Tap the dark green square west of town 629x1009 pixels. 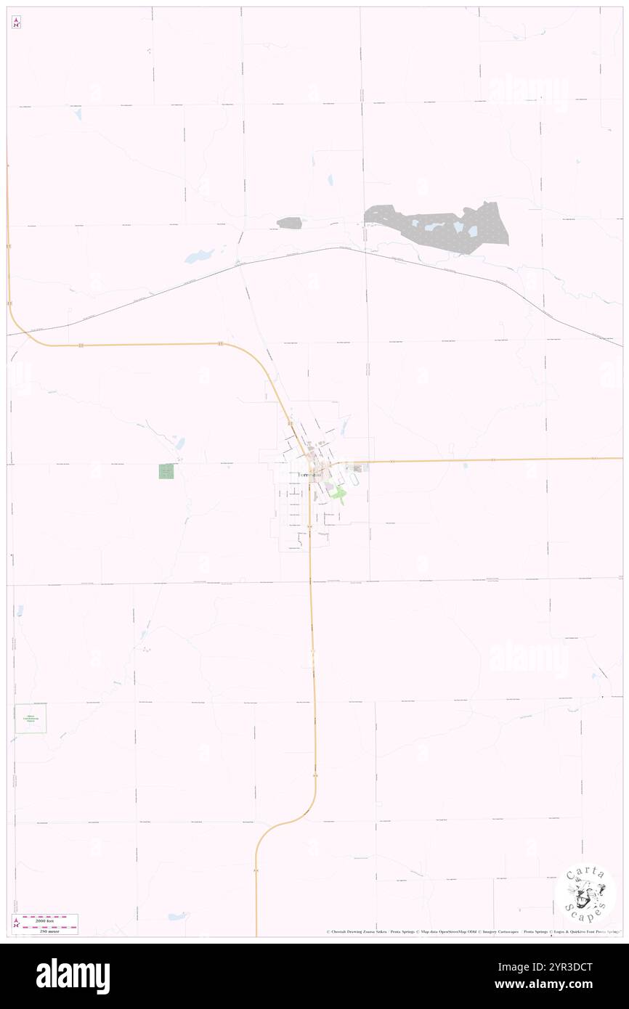pyautogui.click(x=166, y=471)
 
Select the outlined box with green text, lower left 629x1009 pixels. pyautogui.click(x=31, y=718)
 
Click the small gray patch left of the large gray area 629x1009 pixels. pyautogui.click(x=289, y=223)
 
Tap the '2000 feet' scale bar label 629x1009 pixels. pyautogui.click(x=51, y=918)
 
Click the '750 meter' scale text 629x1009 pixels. pyautogui.click(x=51, y=929)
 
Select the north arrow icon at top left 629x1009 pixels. pyautogui.click(x=16, y=23)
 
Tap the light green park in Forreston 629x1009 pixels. pyautogui.click(x=338, y=497)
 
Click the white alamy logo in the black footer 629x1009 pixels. pyautogui.click(x=73, y=976)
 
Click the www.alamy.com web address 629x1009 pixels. pyautogui.click(x=552, y=985)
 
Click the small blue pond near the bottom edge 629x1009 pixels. pyautogui.click(x=177, y=916)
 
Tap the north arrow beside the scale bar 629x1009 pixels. pyautogui.click(x=15, y=923)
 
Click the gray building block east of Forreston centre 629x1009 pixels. pyautogui.click(x=357, y=468)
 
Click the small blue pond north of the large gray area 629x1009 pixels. pyautogui.click(x=329, y=179)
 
